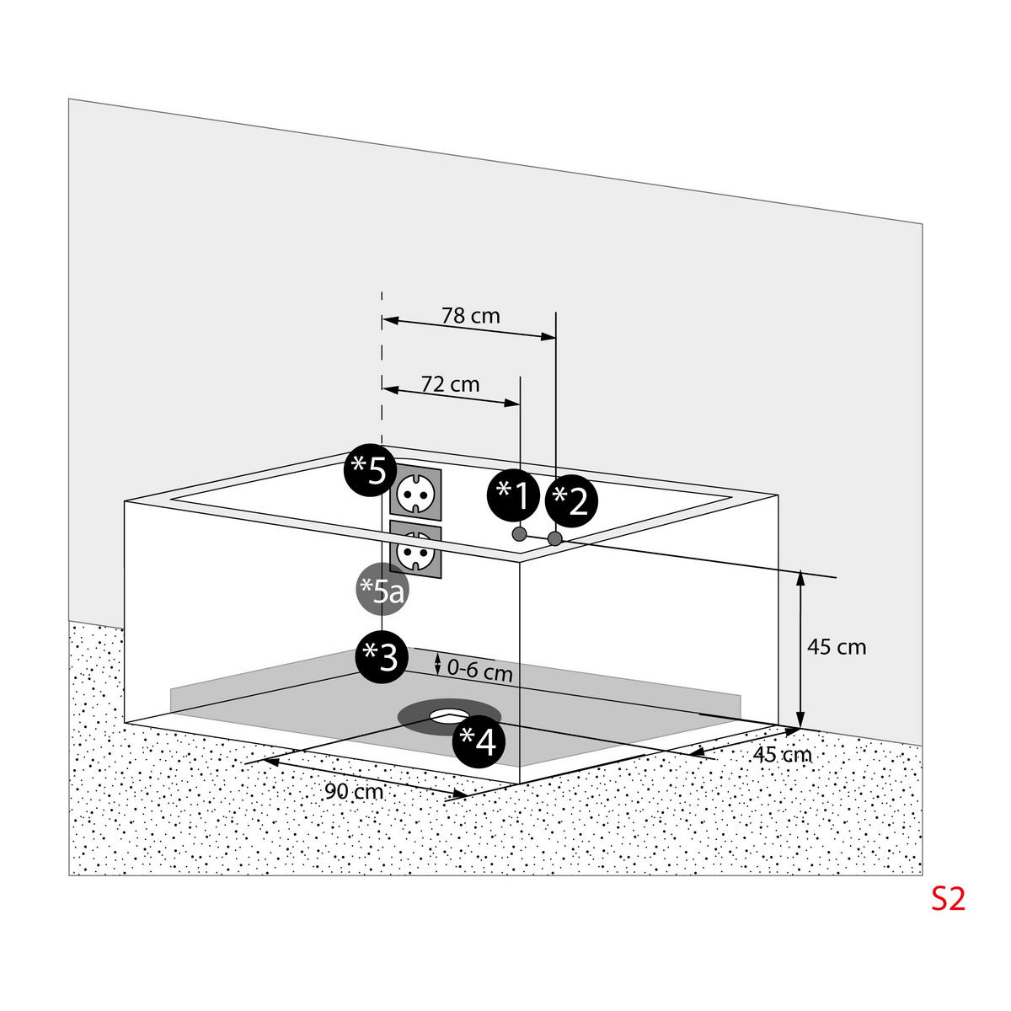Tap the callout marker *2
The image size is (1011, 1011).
click(571, 500)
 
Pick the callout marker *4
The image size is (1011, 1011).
click(479, 741)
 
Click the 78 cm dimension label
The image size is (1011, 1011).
click(470, 316)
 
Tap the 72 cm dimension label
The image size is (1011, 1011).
click(450, 384)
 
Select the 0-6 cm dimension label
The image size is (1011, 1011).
click(479, 671)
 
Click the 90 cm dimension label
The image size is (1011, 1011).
click(354, 792)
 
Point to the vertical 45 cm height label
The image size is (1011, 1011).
click(837, 647)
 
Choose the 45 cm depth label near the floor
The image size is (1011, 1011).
click(782, 754)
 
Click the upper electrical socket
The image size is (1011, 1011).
click(415, 489)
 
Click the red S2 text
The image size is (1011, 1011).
click(947, 899)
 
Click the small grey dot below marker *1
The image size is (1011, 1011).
click(519, 534)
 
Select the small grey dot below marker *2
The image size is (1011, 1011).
click(554, 538)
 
